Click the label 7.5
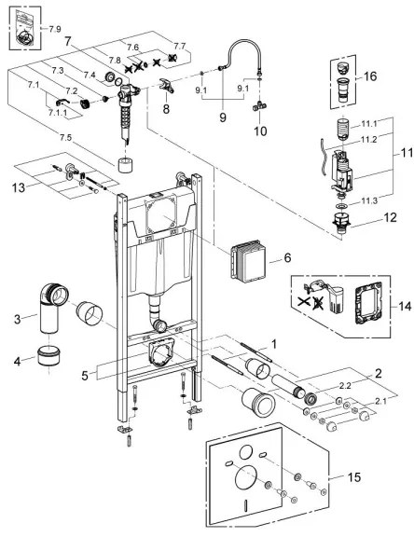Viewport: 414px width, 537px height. coord(63,135)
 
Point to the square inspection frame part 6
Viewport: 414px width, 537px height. coord(247,264)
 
